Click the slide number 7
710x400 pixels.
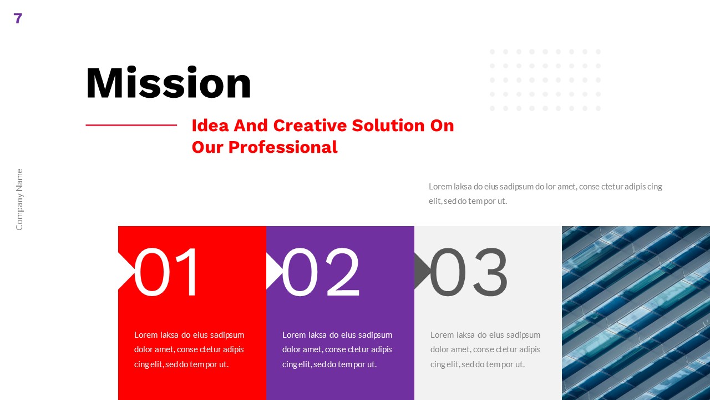pyautogui.click(x=18, y=18)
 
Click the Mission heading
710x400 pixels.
pyautogui.click(x=169, y=83)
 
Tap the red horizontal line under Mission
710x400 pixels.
pyautogui.click(x=131, y=125)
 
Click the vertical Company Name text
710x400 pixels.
pyautogui.click(x=19, y=199)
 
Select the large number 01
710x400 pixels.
pyautogui.click(x=167, y=272)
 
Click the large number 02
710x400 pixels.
pyautogui.click(x=321, y=272)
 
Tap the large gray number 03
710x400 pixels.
pyautogui.click(x=469, y=272)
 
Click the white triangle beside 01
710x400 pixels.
pyautogui.click(x=125, y=271)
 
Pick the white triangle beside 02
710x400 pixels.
pyautogui.click(x=273, y=271)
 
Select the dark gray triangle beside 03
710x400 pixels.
pyautogui.click(x=421, y=271)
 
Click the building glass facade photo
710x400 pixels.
pyautogui.click(x=636, y=313)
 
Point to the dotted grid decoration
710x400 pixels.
pyautogui.click(x=545, y=80)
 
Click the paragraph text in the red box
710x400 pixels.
pyautogui.click(x=189, y=349)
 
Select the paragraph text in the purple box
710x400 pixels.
pyautogui.click(x=337, y=349)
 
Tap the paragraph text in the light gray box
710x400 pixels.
pyautogui.click(x=485, y=349)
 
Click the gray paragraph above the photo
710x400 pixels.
pyautogui.click(x=545, y=193)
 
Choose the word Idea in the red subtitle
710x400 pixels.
pyautogui.click(x=210, y=126)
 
